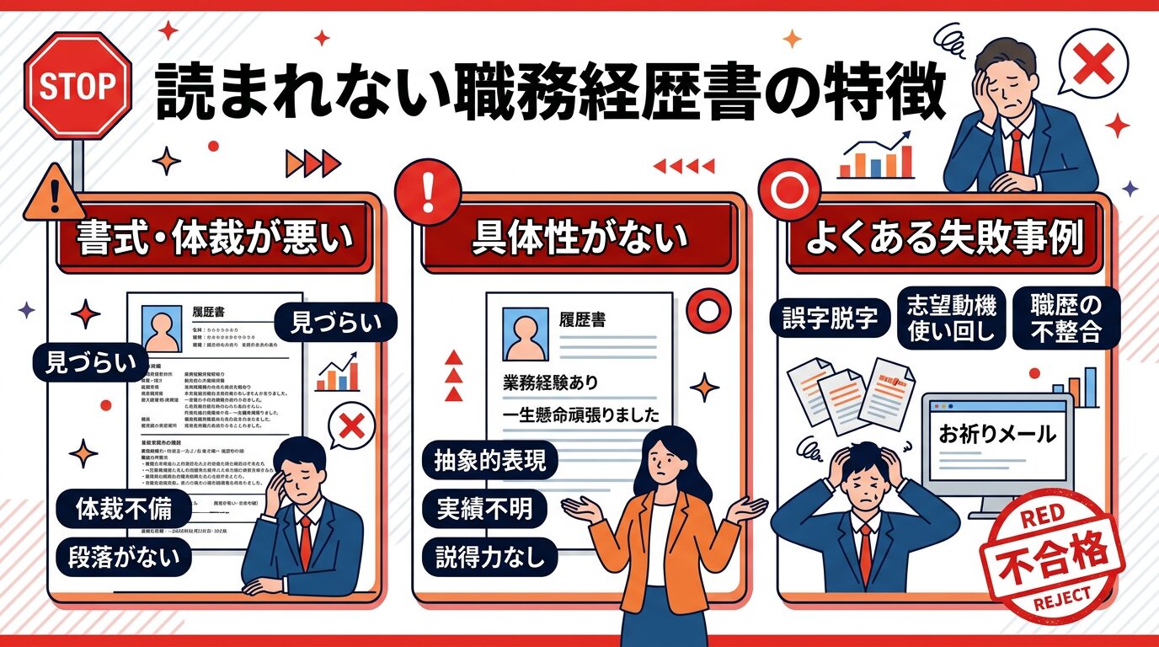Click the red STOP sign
77,87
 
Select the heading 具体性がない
579,239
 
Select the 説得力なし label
489,556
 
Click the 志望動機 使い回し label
950,318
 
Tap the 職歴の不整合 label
1066,318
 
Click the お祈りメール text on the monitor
996,435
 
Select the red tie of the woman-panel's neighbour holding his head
864,552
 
